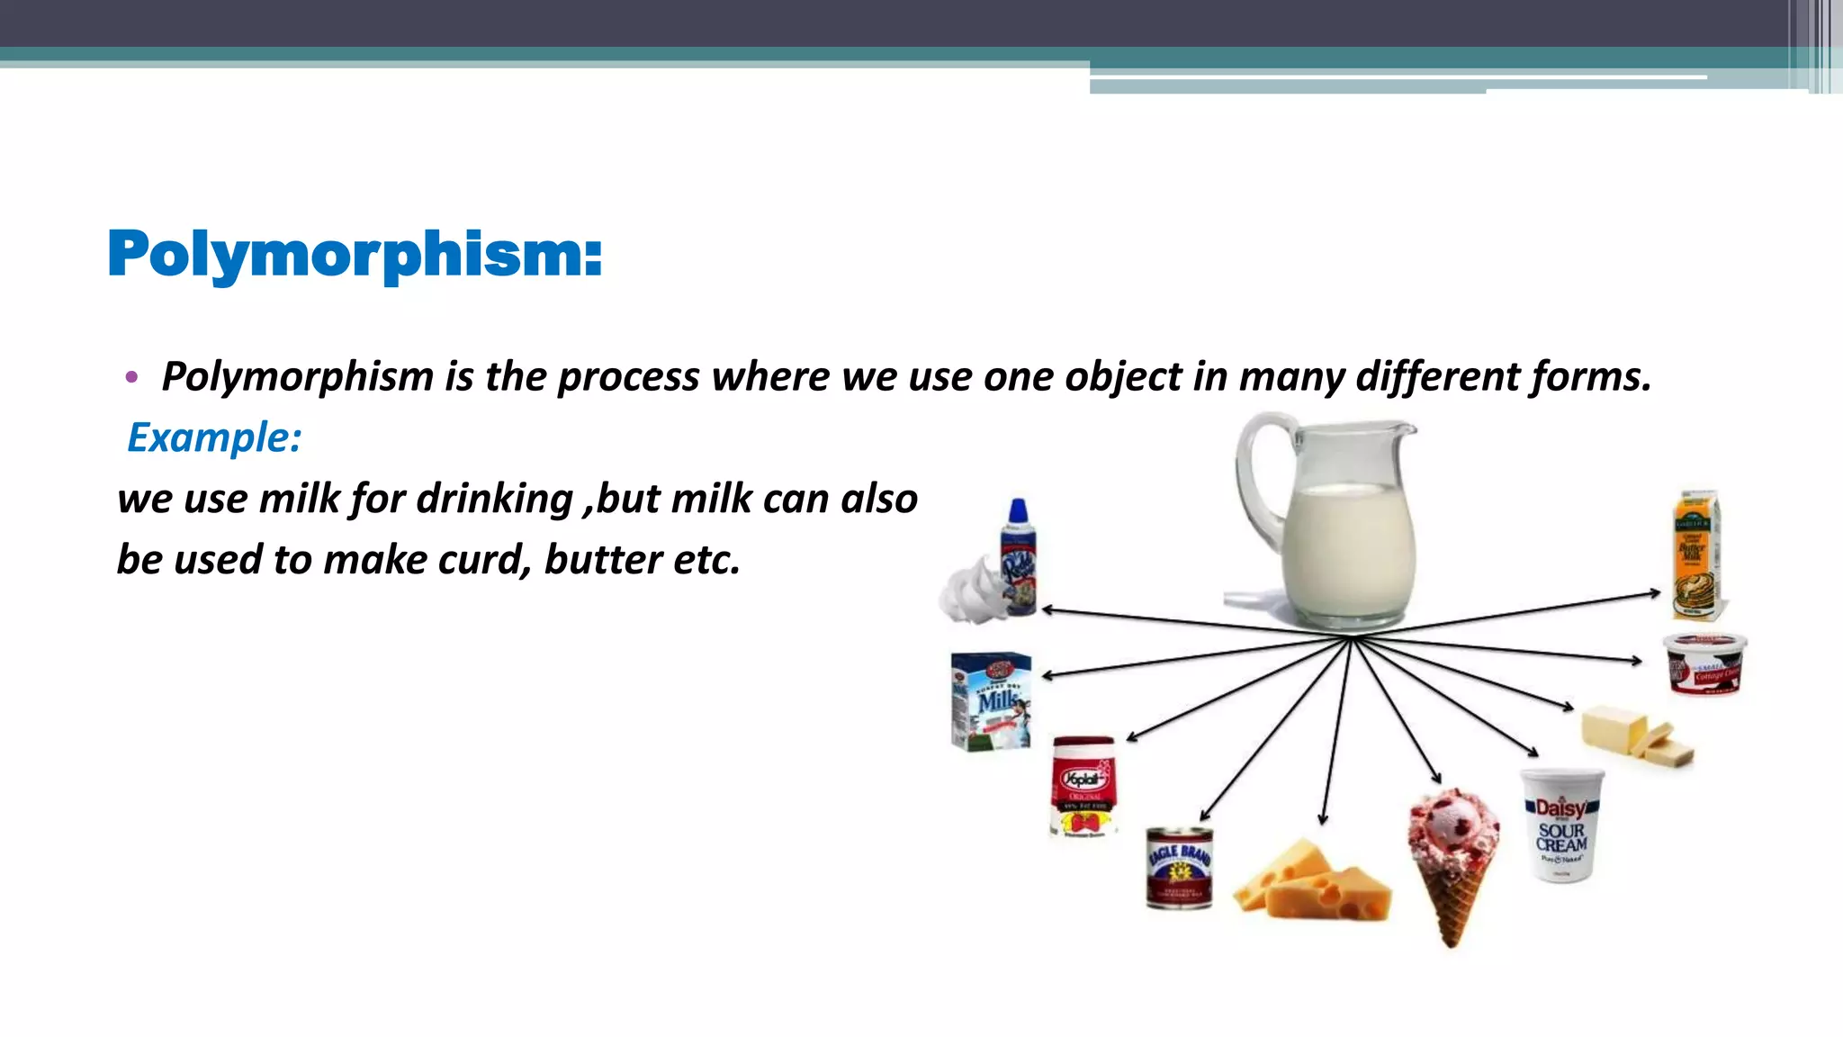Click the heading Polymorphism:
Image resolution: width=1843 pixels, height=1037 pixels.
coord(355,255)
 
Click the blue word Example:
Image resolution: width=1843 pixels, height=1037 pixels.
coord(214,438)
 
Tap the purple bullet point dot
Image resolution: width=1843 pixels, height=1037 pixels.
coord(131,378)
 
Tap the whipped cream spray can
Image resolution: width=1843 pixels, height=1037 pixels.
coord(1020,558)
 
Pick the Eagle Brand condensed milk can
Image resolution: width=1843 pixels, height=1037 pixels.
coord(1179,868)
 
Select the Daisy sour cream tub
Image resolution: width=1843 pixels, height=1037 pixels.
coord(1562,825)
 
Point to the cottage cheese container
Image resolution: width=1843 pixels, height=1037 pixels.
coord(1704,664)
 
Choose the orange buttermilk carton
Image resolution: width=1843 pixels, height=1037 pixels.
coord(1696,555)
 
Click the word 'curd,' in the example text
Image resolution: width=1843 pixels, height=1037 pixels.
coord(484,560)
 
